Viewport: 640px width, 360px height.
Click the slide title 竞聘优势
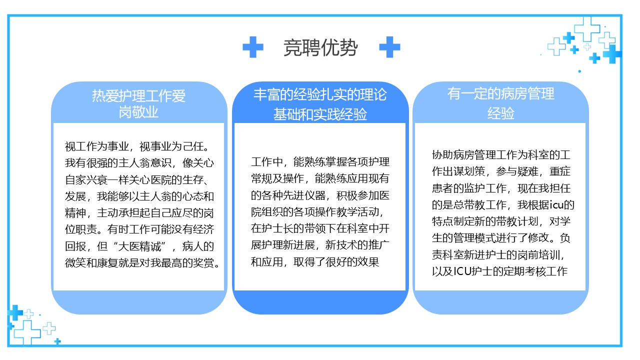[320, 47]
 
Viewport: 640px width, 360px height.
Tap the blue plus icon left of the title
[253, 47]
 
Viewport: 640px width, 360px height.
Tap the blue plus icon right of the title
[389, 47]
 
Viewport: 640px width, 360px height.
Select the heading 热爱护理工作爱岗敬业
[138, 103]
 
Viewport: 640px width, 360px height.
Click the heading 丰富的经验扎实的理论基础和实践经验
[320, 104]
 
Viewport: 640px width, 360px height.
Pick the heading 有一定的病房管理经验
[501, 103]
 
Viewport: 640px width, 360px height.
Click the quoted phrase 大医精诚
[139, 246]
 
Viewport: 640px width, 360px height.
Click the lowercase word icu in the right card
[556, 205]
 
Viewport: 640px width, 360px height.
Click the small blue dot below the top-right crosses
[579, 71]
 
